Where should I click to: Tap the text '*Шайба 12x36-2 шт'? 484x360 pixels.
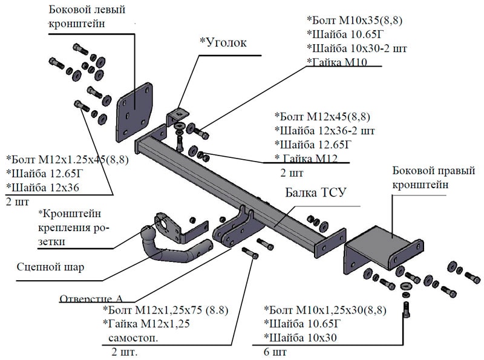[324, 131]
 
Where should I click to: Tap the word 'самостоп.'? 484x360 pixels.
[134, 338]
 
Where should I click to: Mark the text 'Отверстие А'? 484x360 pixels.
[91, 299]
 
